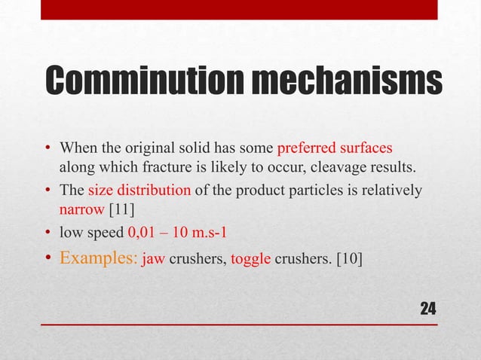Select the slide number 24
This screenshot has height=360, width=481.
point(427,308)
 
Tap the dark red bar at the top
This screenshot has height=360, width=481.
point(239,9)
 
